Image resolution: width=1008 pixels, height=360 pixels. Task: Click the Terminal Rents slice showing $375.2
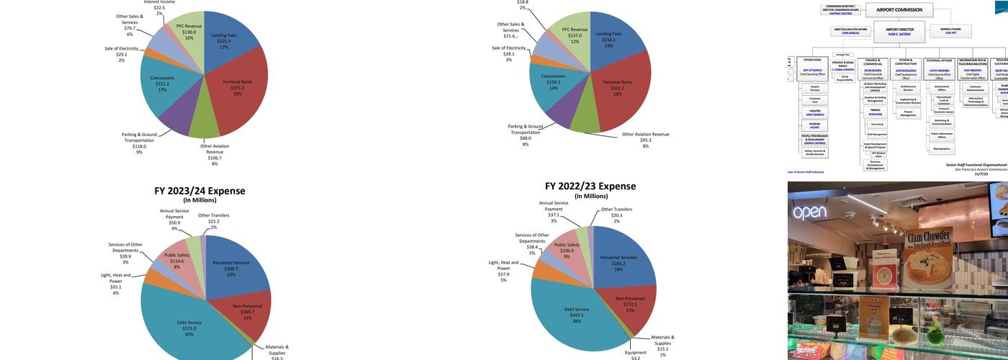[241, 90]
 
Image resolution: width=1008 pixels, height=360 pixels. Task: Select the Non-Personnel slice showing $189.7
[248, 310]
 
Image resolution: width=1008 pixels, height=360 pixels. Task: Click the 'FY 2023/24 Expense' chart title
[199, 192]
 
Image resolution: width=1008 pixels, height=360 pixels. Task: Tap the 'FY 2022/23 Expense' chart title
[590, 186]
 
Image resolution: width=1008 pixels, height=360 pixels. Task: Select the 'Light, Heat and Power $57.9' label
[503, 270]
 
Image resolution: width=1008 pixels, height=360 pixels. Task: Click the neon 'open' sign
[809, 212]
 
